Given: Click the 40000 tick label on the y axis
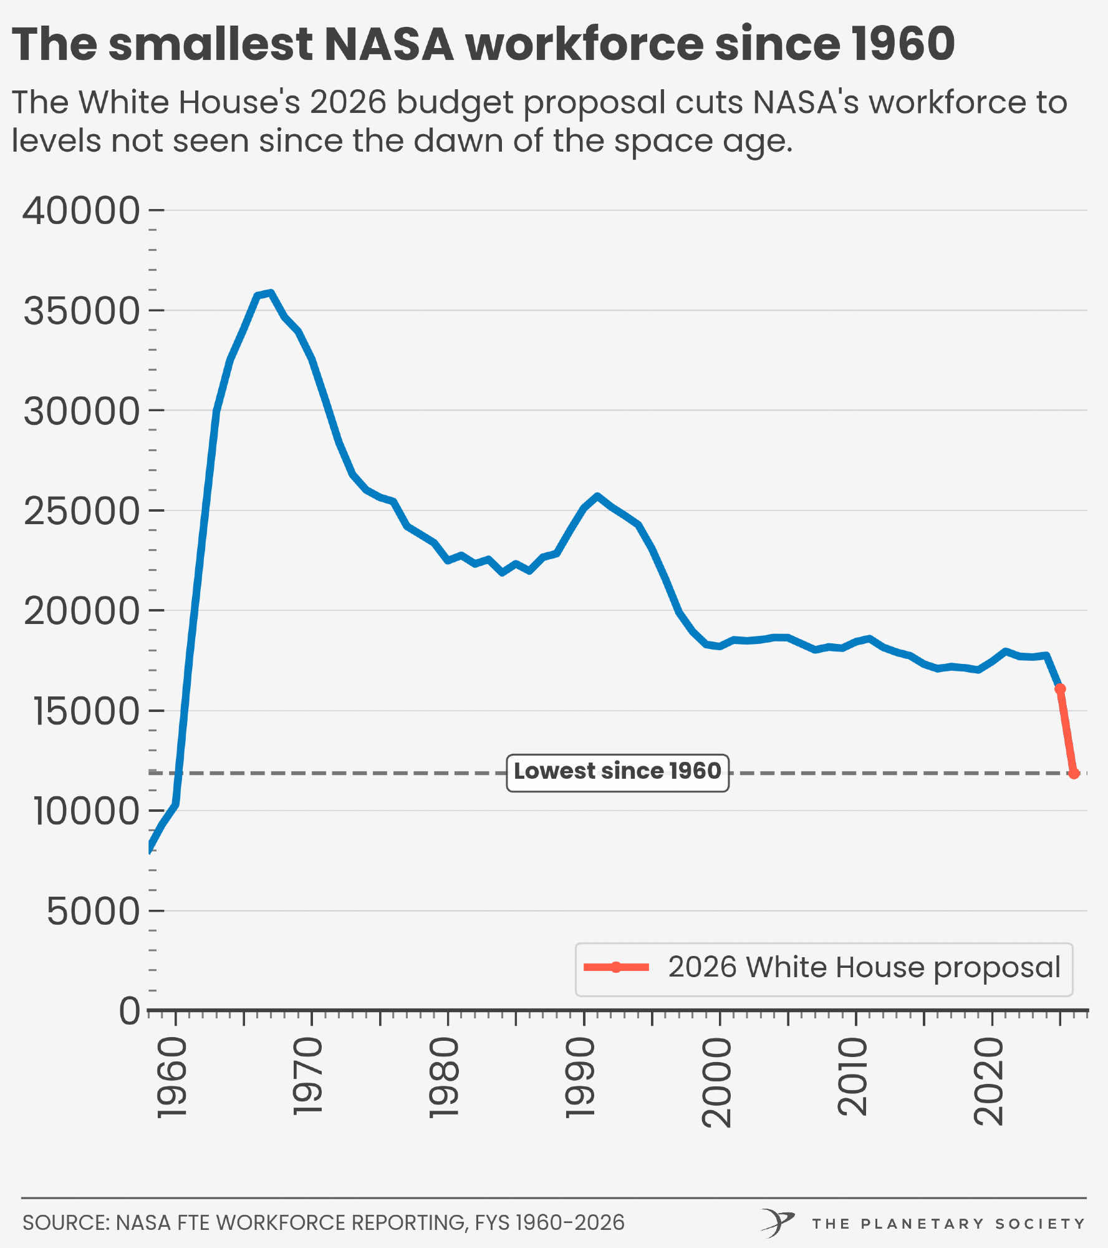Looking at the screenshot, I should click(81, 211).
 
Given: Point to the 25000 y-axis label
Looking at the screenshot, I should click(81, 512).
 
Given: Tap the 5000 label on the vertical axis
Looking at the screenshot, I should click(93, 912).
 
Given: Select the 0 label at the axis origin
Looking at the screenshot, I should click(130, 1012).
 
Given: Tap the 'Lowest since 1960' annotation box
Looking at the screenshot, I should click(617, 773).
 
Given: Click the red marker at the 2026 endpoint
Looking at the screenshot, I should click(1074, 774).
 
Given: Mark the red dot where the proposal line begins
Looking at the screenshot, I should click(1060, 689).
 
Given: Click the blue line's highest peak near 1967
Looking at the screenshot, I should click(270, 293).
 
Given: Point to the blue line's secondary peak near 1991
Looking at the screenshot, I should click(597, 497).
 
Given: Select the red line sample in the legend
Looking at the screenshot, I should click(616, 968).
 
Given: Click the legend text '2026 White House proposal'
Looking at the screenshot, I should click(864, 968).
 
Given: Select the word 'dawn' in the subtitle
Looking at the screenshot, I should click(458, 140).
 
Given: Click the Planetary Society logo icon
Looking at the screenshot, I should click(777, 1222).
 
